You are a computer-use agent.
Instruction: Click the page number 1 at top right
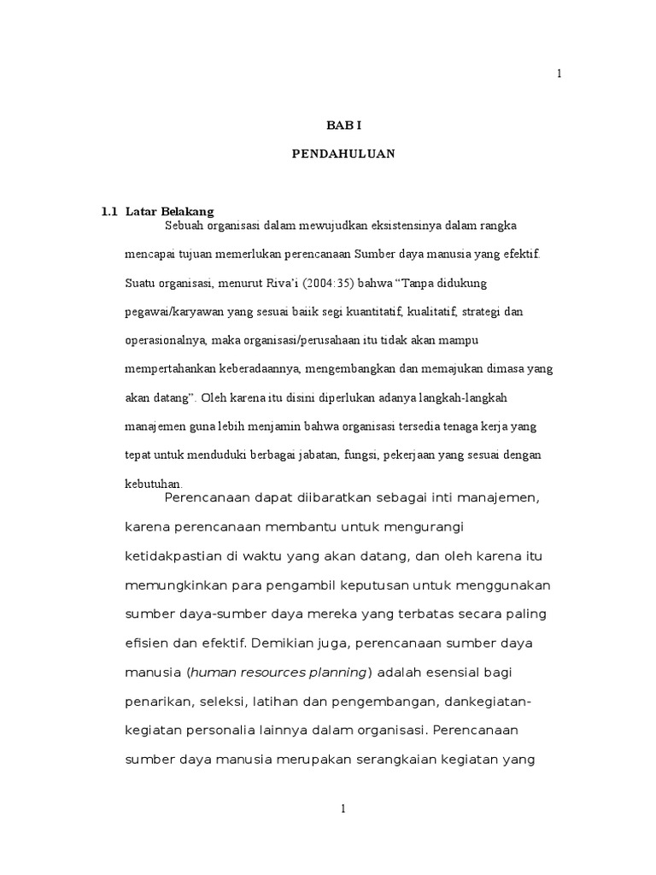click(559, 74)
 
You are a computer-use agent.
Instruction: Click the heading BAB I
click(344, 125)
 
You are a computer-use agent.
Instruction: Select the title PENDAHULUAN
click(344, 156)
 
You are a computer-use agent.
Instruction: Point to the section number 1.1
click(108, 211)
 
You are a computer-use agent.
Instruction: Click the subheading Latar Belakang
click(169, 211)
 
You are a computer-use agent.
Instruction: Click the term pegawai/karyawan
click(171, 312)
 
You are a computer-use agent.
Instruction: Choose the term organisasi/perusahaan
click(293, 341)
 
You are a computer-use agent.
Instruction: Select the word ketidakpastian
click(175, 555)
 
